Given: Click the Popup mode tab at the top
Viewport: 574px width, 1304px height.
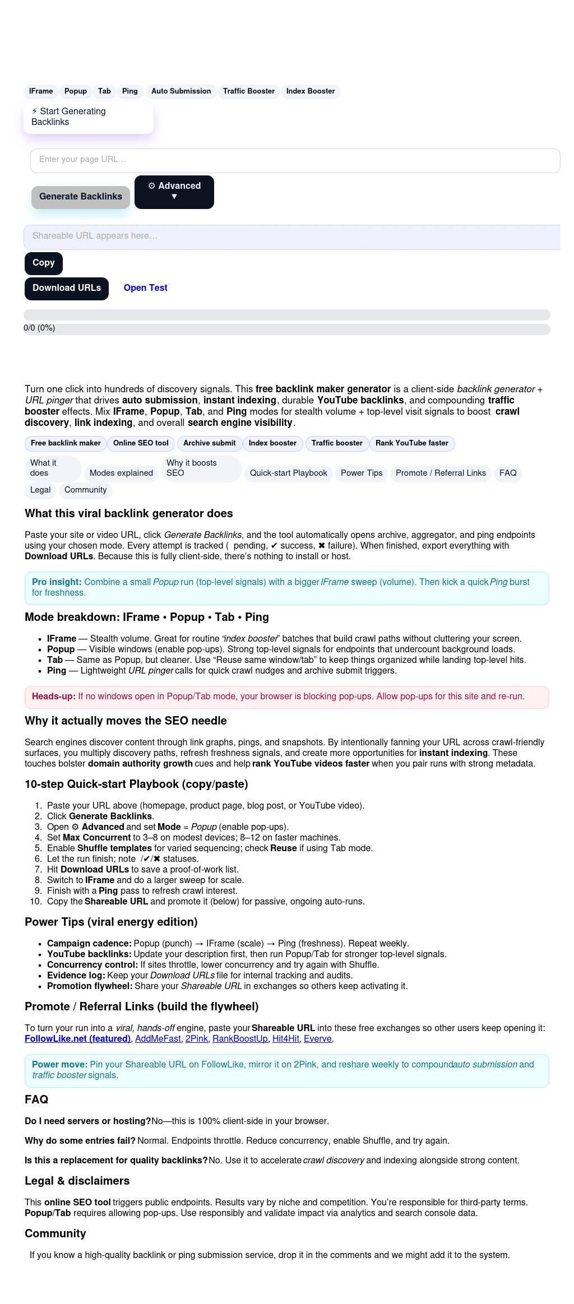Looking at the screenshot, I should (76, 91).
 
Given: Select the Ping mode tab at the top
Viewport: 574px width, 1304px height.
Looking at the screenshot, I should (130, 91).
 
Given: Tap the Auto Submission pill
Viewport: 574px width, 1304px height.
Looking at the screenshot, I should (181, 91).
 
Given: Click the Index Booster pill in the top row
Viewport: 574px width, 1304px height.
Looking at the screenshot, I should (311, 91).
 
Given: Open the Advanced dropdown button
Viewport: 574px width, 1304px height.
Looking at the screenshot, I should (174, 192).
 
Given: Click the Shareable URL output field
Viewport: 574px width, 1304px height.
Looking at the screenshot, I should (291, 236).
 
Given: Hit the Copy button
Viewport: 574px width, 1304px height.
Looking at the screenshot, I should (44, 263).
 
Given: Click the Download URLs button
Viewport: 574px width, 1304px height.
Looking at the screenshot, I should (67, 289).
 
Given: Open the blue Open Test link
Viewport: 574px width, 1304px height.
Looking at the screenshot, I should (146, 288).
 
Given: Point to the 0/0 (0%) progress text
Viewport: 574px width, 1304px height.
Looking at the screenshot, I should (39, 328).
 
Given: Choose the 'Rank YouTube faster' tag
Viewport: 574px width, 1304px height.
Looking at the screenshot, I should (412, 443).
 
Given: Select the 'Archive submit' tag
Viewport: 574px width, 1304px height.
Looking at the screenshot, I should (210, 443).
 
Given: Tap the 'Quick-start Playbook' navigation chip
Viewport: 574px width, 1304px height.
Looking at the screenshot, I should (289, 474).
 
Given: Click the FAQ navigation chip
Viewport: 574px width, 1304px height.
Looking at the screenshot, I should (508, 474).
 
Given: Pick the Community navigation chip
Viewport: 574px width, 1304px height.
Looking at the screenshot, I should (86, 490).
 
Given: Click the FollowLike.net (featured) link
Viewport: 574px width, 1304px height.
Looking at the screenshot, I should (77, 1039).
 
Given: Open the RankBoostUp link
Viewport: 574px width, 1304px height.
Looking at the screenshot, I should (240, 1039).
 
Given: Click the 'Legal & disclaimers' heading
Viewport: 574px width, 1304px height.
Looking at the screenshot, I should (77, 1181).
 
